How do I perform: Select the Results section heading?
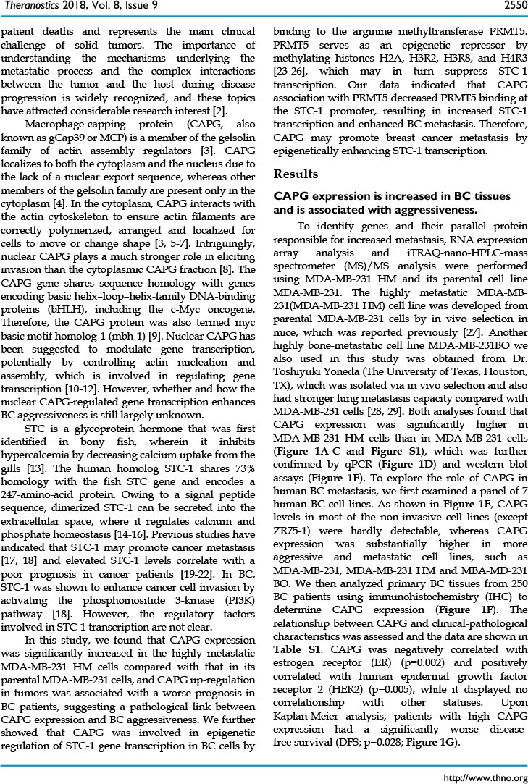[x=296, y=174]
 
